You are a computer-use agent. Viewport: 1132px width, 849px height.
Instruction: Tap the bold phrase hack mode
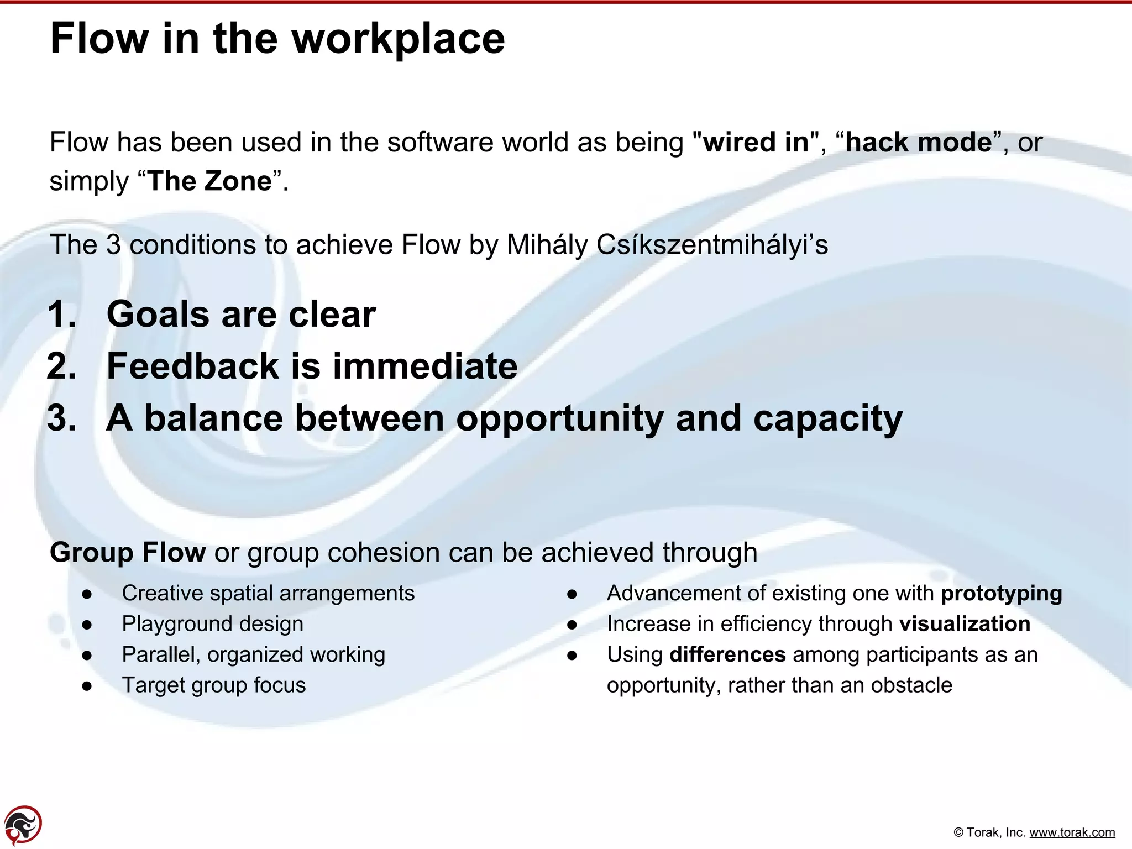pyautogui.click(x=919, y=143)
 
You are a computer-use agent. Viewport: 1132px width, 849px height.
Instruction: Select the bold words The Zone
pyautogui.click(x=210, y=181)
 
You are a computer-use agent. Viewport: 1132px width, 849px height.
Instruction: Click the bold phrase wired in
pyautogui.click(x=756, y=143)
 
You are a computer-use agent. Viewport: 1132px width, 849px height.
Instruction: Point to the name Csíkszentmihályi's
pyautogui.click(x=712, y=245)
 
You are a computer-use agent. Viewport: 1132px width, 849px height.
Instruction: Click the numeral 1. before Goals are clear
pyautogui.click(x=62, y=315)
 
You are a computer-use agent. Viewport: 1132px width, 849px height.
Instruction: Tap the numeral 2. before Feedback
pyautogui.click(x=62, y=366)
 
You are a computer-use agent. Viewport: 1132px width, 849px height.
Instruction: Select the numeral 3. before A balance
pyautogui.click(x=62, y=418)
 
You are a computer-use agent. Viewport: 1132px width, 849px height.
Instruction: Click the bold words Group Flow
pyautogui.click(x=128, y=552)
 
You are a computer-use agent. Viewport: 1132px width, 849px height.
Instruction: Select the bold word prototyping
pyautogui.click(x=1001, y=594)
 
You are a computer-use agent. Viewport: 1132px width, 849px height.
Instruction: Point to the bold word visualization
pyautogui.click(x=965, y=624)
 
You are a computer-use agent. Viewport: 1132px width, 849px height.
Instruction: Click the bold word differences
pyautogui.click(x=727, y=654)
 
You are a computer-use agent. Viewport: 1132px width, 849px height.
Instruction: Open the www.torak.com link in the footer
pyautogui.click(x=1072, y=832)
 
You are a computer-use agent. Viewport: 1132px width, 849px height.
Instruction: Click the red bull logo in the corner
pyautogui.click(x=23, y=825)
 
